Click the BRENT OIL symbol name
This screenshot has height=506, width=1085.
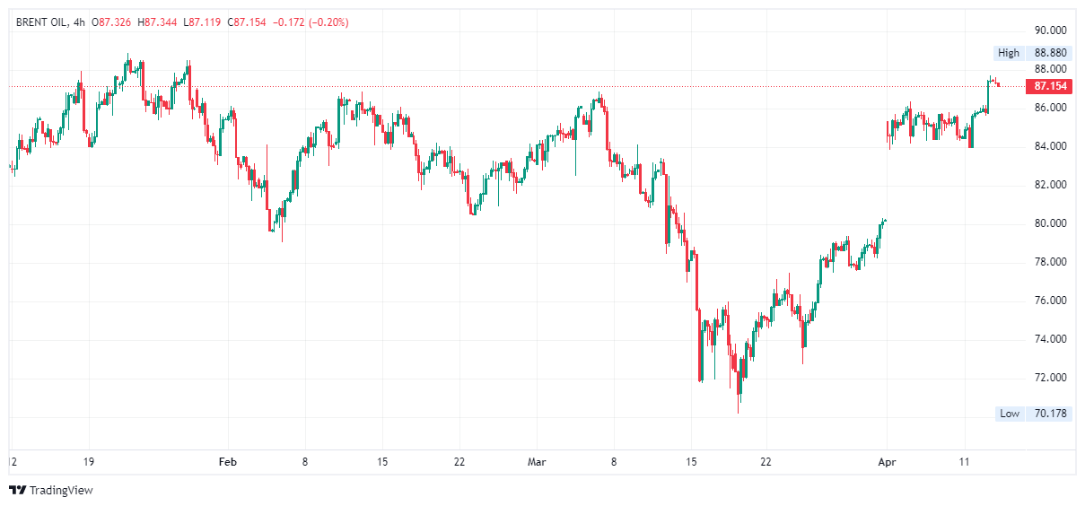[x=41, y=22]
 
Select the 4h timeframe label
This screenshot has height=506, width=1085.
[x=79, y=22]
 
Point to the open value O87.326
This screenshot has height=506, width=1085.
[x=111, y=22]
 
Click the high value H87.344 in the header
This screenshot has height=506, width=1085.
[x=157, y=22]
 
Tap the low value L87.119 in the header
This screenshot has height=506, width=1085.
[x=202, y=22]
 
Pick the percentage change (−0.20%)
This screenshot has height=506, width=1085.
[x=328, y=22]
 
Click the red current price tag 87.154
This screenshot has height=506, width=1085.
[x=1050, y=86]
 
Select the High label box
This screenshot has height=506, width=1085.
[x=1009, y=53]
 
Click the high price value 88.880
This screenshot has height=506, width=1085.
[x=1050, y=53]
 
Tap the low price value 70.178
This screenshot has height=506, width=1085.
[x=1050, y=414]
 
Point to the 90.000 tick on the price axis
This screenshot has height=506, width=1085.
[x=1050, y=31]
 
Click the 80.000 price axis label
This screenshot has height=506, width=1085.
[x=1050, y=223]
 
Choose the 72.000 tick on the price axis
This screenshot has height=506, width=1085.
[x=1050, y=378]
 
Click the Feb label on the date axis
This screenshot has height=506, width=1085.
[x=228, y=462]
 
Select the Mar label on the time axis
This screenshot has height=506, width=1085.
[x=537, y=462]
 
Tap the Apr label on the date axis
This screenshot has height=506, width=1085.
[x=887, y=462]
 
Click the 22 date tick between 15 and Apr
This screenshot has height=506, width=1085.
[x=766, y=462]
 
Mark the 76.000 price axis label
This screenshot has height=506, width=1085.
[x=1050, y=301]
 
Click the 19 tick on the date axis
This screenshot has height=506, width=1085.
[x=88, y=462]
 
